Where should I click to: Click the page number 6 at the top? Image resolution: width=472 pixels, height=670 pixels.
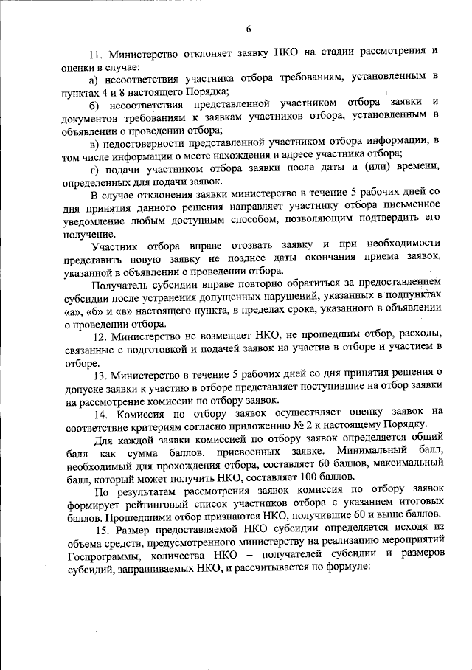coord(249,29)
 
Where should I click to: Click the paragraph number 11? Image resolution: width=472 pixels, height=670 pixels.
coord(96,55)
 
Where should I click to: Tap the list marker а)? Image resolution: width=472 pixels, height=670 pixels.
coord(94,78)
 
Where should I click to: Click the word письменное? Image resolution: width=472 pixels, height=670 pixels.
coord(410,207)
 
